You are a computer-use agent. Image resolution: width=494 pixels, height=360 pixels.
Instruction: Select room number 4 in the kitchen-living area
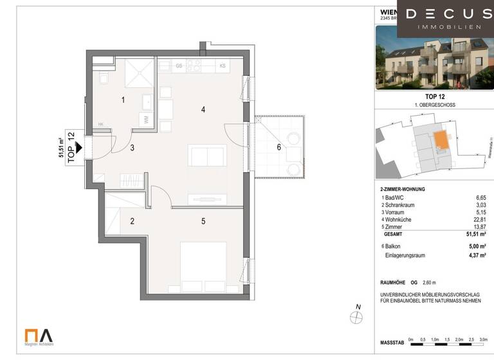pyautogui.click(x=203, y=110)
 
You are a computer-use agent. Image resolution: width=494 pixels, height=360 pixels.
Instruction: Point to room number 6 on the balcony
pyautogui.click(x=279, y=147)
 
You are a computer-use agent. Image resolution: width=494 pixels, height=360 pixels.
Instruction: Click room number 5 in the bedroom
pyautogui.click(x=203, y=222)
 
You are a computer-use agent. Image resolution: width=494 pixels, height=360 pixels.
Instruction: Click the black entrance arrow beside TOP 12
pyautogui.click(x=78, y=147)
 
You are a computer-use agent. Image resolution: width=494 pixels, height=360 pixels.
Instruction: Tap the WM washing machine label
pyautogui.click(x=147, y=120)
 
